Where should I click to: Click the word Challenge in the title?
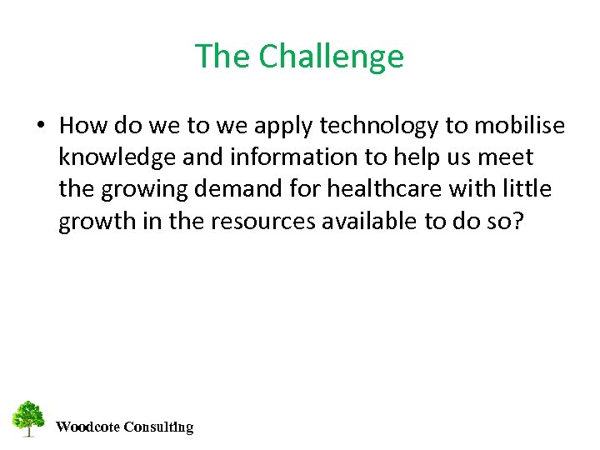[331, 57]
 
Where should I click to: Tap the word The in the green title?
[222, 57]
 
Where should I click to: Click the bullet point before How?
[40, 126]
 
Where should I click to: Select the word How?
[79, 126]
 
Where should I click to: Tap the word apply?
[280, 126]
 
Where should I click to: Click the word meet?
[504, 157]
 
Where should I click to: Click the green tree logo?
[28, 419]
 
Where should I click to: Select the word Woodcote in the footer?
[87, 427]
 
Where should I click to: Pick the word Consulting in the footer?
[158, 427]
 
